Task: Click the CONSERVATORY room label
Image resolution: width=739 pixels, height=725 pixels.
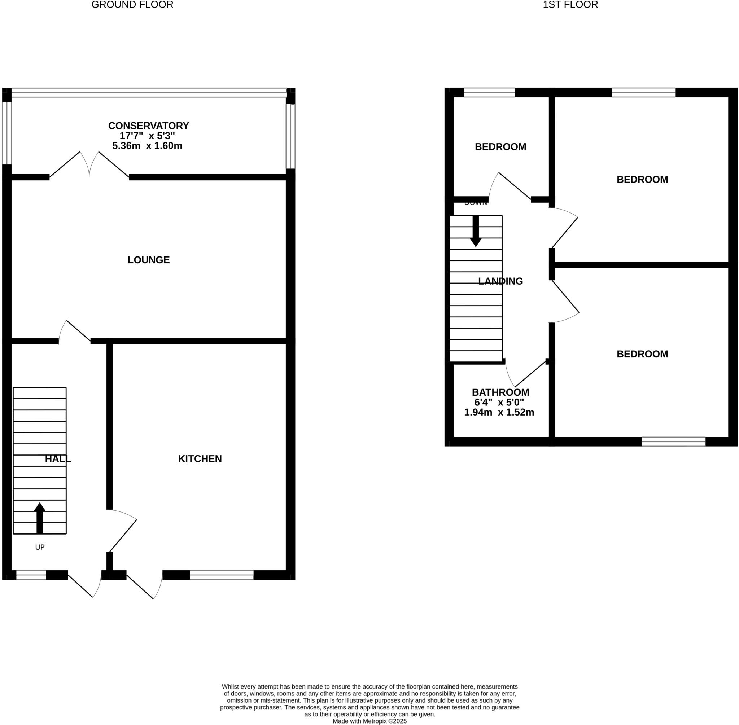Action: (148, 126)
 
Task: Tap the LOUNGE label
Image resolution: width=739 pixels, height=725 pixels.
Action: (148, 260)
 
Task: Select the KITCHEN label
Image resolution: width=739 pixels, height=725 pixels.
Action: (200, 458)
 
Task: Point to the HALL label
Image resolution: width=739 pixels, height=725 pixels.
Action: (58, 458)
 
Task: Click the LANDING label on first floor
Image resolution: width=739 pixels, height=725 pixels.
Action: (500, 281)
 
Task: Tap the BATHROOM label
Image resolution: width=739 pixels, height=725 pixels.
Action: (500, 392)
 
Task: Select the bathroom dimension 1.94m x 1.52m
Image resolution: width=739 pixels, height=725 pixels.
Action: (499, 412)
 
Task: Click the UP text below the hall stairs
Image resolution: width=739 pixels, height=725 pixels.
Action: (40, 547)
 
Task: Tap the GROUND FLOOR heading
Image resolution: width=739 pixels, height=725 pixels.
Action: (132, 5)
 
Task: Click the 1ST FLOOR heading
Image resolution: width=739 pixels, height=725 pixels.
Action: (570, 5)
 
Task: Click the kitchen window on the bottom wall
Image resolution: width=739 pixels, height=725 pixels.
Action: (221, 575)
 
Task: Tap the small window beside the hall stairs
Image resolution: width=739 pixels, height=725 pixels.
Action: (31, 575)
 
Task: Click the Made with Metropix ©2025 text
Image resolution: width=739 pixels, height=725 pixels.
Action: (369, 721)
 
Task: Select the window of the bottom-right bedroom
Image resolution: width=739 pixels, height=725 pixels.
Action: (673, 442)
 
